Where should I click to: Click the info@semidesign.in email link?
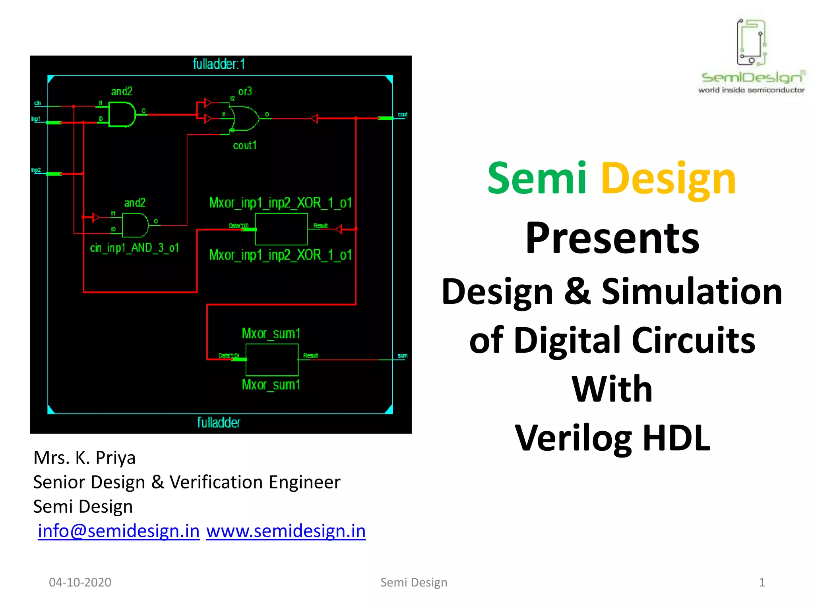click(x=118, y=531)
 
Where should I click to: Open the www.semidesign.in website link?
click(x=286, y=531)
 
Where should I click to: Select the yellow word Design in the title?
click(x=669, y=180)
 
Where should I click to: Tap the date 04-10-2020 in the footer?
click(x=80, y=582)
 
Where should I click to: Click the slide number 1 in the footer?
click(x=762, y=582)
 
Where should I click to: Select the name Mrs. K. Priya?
click(x=85, y=457)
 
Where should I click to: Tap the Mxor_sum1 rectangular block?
click(x=272, y=359)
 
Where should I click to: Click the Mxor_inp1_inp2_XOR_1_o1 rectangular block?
click(x=281, y=229)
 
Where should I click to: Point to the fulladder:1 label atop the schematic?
click(x=219, y=64)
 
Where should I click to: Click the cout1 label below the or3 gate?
click(x=245, y=146)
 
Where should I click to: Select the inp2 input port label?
click(x=36, y=170)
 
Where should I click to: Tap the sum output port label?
click(x=402, y=355)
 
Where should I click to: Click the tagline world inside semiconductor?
click(x=751, y=90)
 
